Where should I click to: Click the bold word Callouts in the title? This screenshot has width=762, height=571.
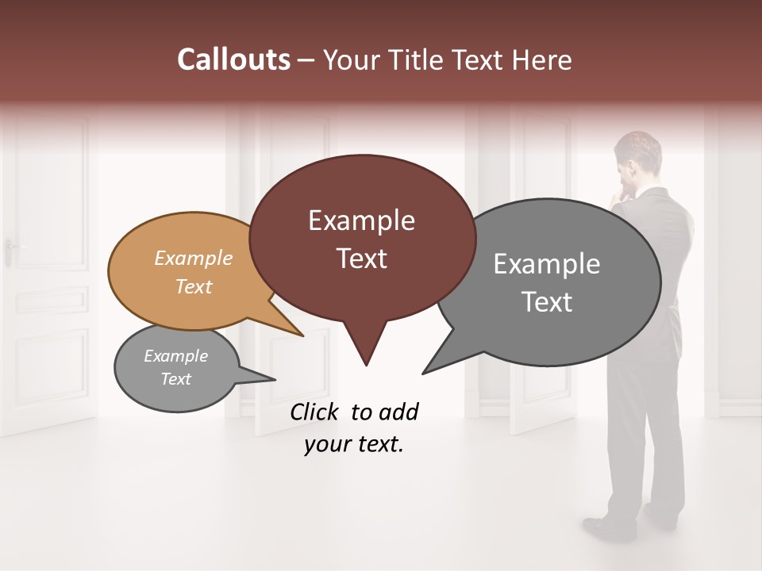[x=234, y=60]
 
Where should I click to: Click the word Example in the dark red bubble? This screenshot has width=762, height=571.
[x=361, y=220]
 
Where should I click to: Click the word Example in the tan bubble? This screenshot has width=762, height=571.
[x=194, y=258]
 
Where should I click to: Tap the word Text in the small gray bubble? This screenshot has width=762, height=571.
[x=175, y=379]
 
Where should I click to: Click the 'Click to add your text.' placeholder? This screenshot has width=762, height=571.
[x=354, y=428]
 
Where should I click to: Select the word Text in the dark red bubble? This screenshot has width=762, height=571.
[x=361, y=259]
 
